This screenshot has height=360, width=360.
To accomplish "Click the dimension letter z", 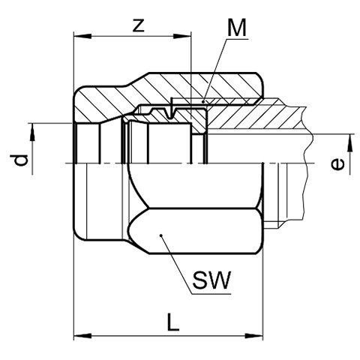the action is pyautogui.click(x=139, y=25).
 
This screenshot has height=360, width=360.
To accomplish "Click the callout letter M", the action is pyautogui.click(x=237, y=28).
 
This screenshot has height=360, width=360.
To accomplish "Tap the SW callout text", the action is pyautogui.click(x=211, y=280).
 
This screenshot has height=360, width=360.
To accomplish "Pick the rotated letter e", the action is pyautogui.click(x=337, y=165).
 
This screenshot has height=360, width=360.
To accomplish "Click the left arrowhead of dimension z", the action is pyautogui.click(x=82, y=37).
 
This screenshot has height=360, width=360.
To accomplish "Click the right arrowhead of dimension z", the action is pyautogui.click(x=182, y=37).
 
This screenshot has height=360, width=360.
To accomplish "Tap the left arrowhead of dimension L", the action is pyautogui.click(x=82, y=335).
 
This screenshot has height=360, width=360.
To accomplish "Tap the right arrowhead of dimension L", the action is pyautogui.click(x=253, y=335).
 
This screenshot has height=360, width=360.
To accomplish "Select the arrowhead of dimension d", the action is pyautogui.click(x=32, y=132).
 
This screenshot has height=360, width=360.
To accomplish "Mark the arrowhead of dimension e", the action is pyautogui.click(x=350, y=143).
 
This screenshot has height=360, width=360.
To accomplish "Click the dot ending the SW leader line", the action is pyautogui.click(x=161, y=235).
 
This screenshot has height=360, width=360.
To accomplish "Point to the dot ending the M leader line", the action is pyautogui.click(x=203, y=102).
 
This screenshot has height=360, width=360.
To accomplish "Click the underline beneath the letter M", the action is pyautogui.click(x=237, y=39).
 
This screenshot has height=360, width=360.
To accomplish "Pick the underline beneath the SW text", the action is pyautogui.click(x=211, y=294).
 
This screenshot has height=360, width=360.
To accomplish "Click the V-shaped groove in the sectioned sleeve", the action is pyautogui.click(x=171, y=113).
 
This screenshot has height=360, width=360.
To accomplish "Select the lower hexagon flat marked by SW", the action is pyautogui.click(x=196, y=231).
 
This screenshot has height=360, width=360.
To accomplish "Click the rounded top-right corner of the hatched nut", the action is pyautogui.click(x=260, y=77).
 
